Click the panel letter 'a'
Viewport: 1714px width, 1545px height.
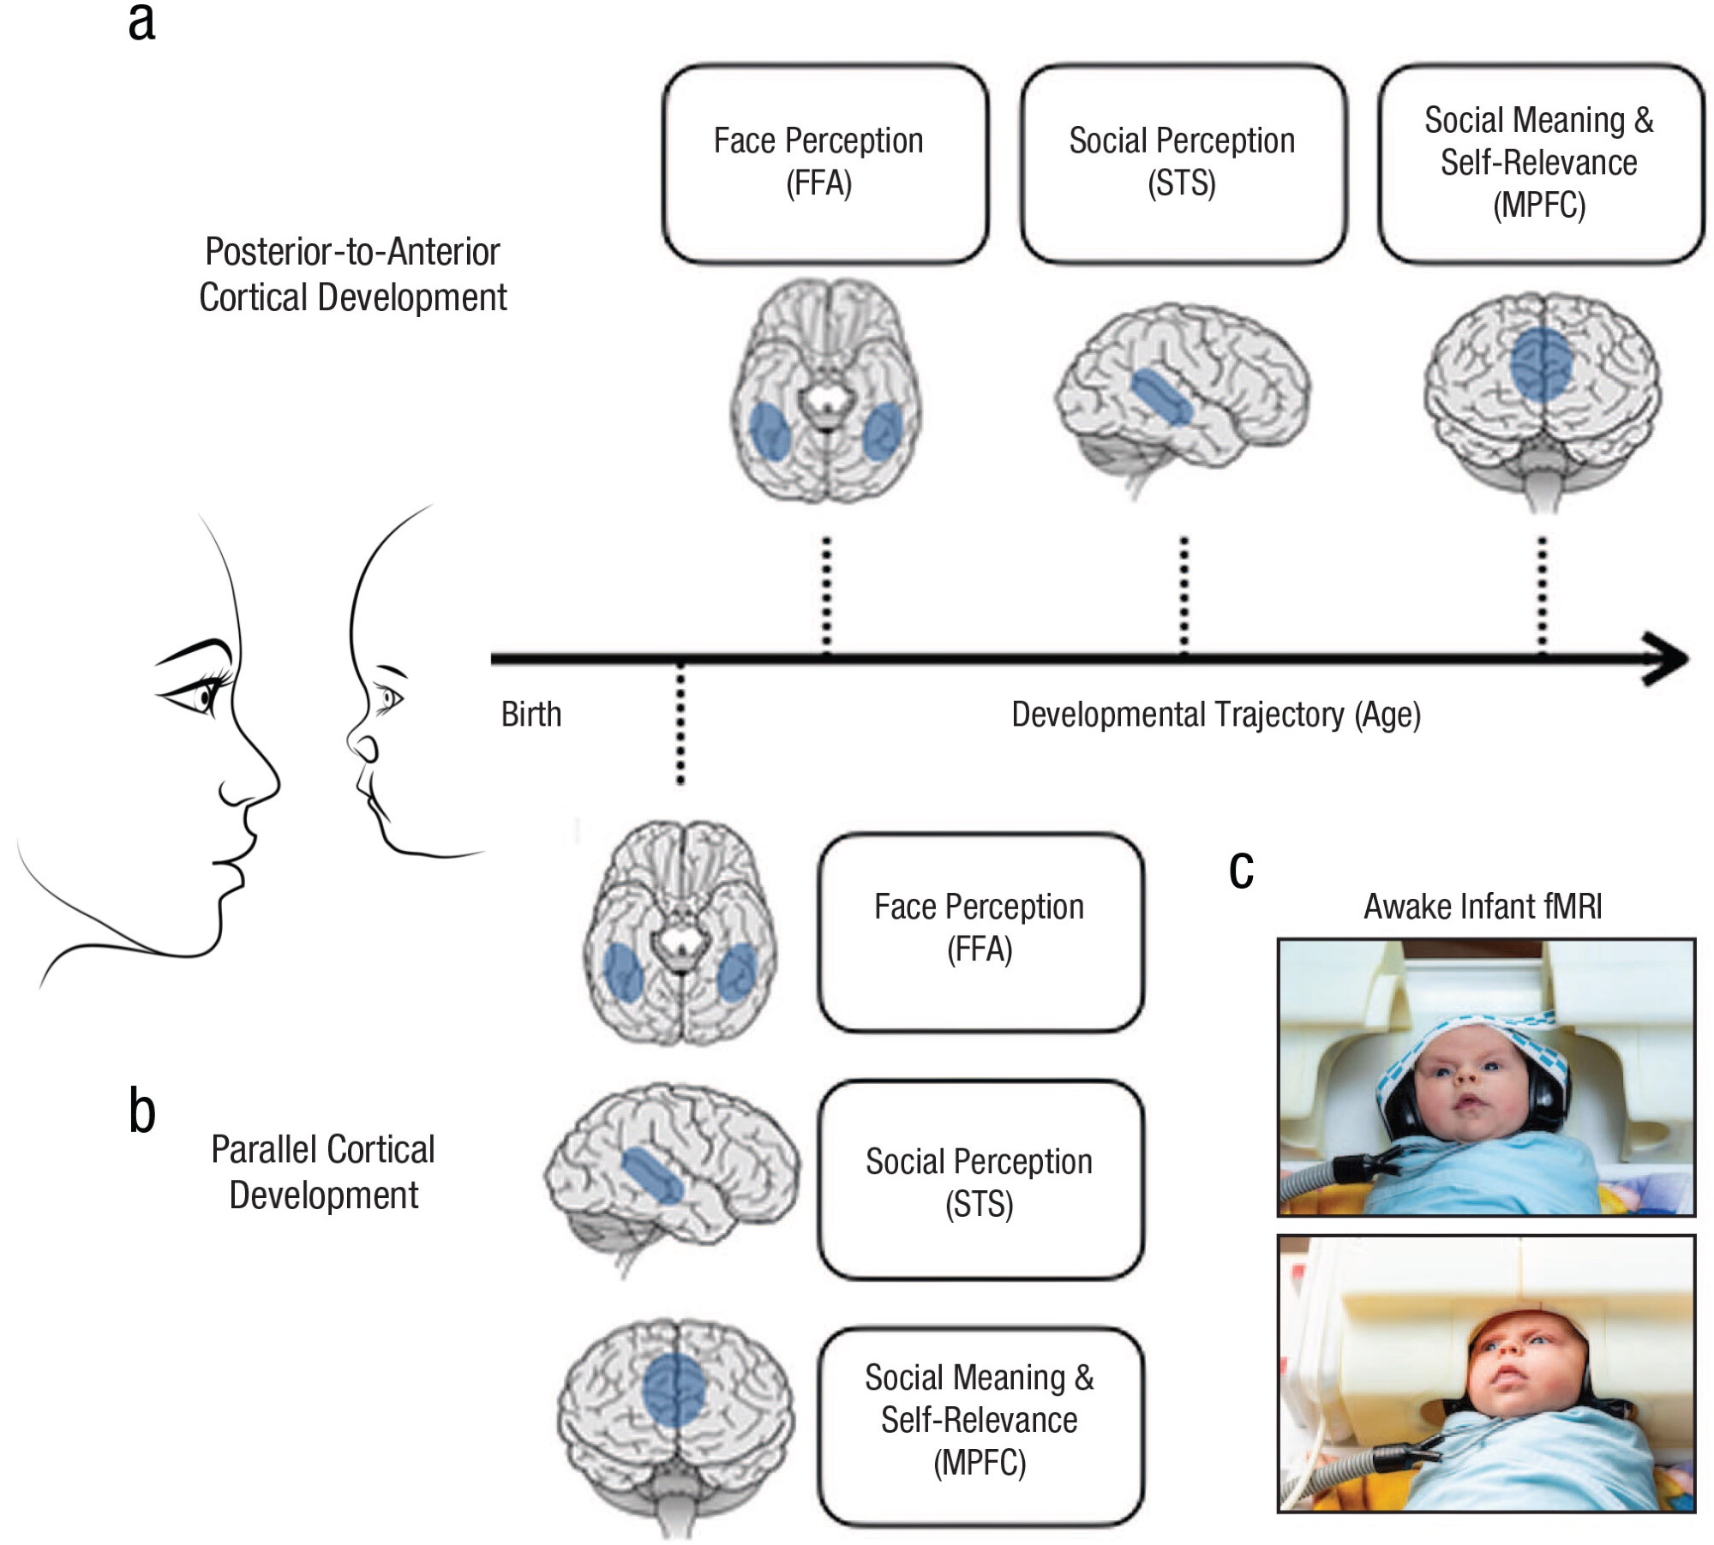coord(142,22)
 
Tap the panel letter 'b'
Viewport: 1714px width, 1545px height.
coord(142,1111)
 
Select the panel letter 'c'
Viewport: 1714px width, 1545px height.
coord(1241,871)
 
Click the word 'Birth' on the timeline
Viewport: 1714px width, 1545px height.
coord(531,714)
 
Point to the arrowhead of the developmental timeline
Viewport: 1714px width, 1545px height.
coord(1667,658)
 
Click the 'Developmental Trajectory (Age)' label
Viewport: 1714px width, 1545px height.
coord(1215,714)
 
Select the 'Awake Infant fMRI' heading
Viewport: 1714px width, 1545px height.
coord(1483,906)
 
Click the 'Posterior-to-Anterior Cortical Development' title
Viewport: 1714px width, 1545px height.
coord(353,274)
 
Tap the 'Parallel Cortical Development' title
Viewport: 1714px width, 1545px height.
coord(323,1171)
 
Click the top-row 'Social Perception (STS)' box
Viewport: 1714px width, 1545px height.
coord(1183,163)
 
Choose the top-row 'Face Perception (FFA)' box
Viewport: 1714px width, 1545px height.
coord(824,163)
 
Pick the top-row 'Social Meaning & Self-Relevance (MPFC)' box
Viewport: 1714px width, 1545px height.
coord(1540,163)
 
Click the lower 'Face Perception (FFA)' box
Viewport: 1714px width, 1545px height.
coord(980,931)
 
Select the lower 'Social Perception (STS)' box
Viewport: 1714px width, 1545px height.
coord(980,1180)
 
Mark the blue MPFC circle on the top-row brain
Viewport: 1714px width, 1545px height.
coord(1541,364)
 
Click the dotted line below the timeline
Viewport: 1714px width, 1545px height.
coord(680,724)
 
